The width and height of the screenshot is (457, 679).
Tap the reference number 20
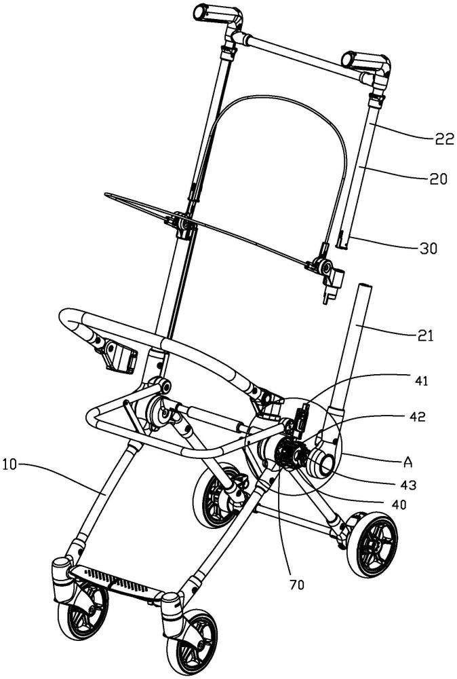(x=437, y=179)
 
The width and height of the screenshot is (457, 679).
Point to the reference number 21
(x=424, y=335)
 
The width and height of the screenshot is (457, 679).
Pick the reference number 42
(x=417, y=416)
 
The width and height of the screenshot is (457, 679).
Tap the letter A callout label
(x=408, y=463)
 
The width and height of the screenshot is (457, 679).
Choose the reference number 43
(x=408, y=485)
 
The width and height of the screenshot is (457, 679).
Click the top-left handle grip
(x=207, y=12)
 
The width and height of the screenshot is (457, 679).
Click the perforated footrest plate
(x=119, y=581)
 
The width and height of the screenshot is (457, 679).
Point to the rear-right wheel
(x=371, y=545)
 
